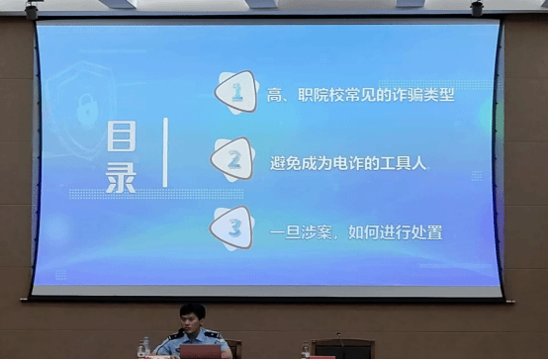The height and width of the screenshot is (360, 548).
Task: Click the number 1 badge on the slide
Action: pos(236,92)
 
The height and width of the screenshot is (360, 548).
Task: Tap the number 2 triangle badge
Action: pos(232,159)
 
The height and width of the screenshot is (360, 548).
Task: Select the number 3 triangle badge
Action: pos(232,227)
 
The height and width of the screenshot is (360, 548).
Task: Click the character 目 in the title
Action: pos(122,135)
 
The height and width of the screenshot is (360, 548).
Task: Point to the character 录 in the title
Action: pos(121,178)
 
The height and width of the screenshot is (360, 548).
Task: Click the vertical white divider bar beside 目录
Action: pos(165,152)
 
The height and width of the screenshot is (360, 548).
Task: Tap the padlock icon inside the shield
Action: pos(87,110)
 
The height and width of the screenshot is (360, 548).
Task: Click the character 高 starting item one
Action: pos(275,95)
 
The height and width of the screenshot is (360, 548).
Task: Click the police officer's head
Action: pos(192,316)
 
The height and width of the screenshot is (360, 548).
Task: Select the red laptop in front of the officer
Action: pos(201,352)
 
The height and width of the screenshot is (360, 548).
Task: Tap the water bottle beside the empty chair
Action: pos(306,350)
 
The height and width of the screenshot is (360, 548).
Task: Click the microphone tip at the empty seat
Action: pos(338,334)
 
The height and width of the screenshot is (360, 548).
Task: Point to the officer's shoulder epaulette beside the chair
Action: pos(212,335)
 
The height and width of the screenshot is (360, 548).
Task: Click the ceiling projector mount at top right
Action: pos(477,7)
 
